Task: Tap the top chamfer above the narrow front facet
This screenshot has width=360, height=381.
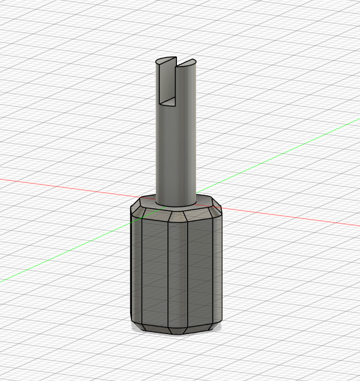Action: (x=178, y=217)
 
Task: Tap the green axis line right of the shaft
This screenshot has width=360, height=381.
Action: (x=272, y=156)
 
